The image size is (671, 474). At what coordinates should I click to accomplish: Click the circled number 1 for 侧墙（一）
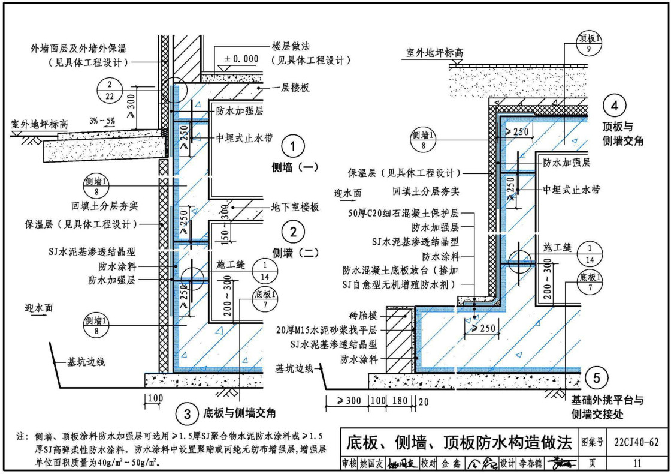[292, 146]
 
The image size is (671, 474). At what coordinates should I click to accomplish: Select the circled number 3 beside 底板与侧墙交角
[188, 413]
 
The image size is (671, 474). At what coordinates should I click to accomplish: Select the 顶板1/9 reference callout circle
[590, 43]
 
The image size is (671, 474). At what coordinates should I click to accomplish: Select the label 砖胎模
[364, 314]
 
